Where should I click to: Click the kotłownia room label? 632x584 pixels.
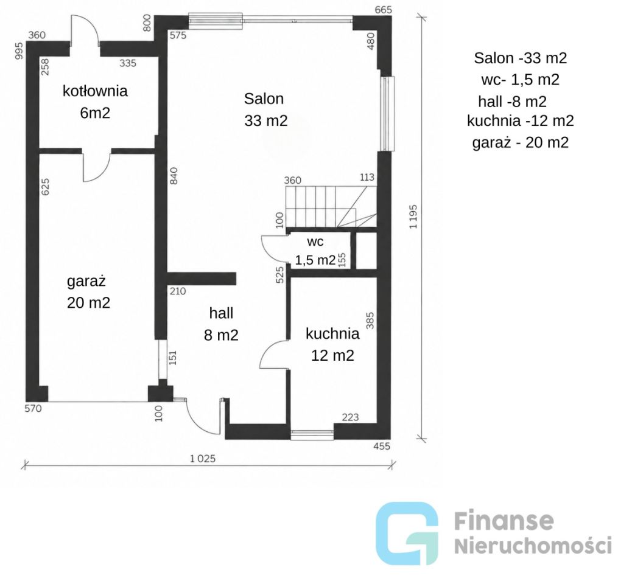(95, 91)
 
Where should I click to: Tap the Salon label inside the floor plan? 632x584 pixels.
(264, 99)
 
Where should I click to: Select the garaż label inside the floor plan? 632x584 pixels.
(86, 281)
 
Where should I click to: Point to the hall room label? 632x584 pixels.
(221, 313)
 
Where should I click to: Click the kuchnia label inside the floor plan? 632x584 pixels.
(332, 333)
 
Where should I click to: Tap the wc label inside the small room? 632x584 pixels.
(315, 242)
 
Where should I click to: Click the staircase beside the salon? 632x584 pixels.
(331, 207)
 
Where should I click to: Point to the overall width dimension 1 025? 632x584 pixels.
(203, 458)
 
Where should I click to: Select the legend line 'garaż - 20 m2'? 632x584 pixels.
(521, 142)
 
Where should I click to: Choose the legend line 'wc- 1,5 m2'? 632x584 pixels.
(520, 79)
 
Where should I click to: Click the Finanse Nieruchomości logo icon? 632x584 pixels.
(407, 534)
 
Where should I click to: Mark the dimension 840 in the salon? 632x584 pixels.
(174, 176)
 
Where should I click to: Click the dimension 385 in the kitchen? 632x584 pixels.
(370, 321)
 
